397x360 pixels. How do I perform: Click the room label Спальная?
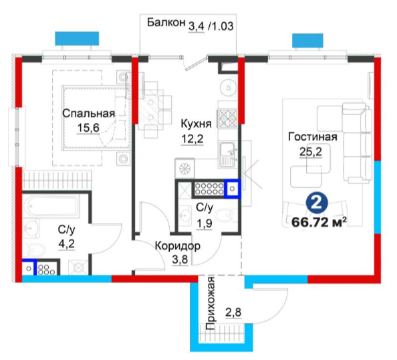pos(88,114)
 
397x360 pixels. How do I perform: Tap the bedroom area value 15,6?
pos(88,128)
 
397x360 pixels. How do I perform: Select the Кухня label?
pos(196,124)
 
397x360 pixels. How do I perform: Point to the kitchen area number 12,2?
pos(192,139)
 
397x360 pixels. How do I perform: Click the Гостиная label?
pos(313,137)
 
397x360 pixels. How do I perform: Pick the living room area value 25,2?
pos(311,152)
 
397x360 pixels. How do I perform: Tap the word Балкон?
pos(166,22)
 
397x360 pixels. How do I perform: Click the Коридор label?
pos(178,246)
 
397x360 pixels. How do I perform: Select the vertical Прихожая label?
pos(211,303)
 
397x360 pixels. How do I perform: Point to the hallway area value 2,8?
pos(233,312)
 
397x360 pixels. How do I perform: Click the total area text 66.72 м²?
pos(319,222)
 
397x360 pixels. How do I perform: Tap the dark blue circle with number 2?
pos(317,203)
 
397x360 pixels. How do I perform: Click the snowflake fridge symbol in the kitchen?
pos(185,168)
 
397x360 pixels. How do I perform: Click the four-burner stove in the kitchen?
pos(228,118)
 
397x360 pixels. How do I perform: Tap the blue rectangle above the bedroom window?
pos(77,39)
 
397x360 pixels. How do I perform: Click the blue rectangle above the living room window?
pos(307,41)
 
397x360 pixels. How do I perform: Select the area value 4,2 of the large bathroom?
pos(67,244)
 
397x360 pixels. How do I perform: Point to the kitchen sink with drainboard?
pos(227,155)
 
